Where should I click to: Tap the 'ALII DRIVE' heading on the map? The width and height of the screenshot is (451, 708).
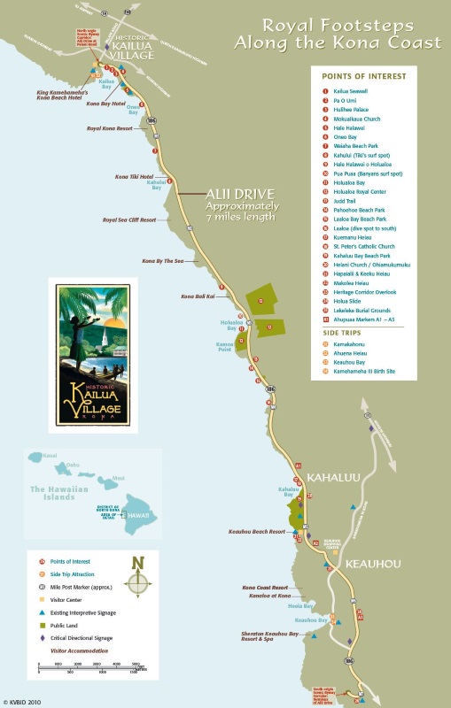pyautogui.click(x=228, y=194)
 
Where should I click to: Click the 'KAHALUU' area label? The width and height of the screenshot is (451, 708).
pyautogui.click(x=332, y=476)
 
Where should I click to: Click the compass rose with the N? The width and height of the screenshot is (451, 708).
pyautogui.click(x=137, y=581)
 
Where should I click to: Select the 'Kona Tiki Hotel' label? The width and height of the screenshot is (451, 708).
pyautogui.click(x=136, y=178)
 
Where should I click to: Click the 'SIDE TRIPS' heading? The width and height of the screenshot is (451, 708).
pyautogui.click(x=343, y=332)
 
